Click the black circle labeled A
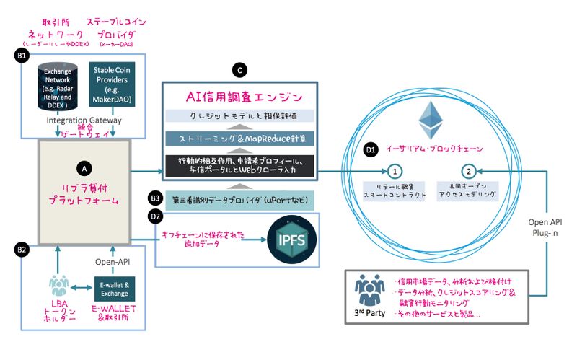(84, 167)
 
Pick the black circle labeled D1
(371, 150)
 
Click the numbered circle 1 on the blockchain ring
(395, 171)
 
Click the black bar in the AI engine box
(239, 164)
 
